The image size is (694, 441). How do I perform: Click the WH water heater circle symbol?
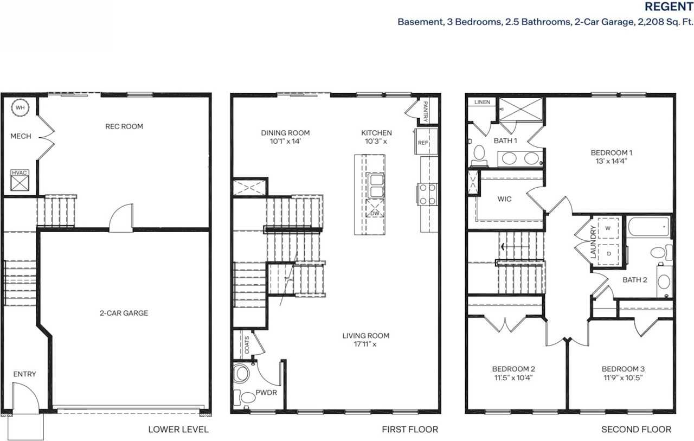20,107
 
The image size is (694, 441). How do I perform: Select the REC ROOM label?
124,126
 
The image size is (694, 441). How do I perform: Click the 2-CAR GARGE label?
124,313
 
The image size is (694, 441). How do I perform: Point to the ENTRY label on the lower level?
24,374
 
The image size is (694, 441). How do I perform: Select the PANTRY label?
426,111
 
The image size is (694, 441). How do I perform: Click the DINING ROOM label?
285,133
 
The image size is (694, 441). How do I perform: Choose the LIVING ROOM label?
365,336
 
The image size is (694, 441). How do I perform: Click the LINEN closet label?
482,102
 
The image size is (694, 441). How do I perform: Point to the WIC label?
504,199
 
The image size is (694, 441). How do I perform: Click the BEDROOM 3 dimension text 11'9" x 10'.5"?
622,378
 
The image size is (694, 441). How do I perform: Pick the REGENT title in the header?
668,7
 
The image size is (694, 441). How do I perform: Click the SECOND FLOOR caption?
636,430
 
